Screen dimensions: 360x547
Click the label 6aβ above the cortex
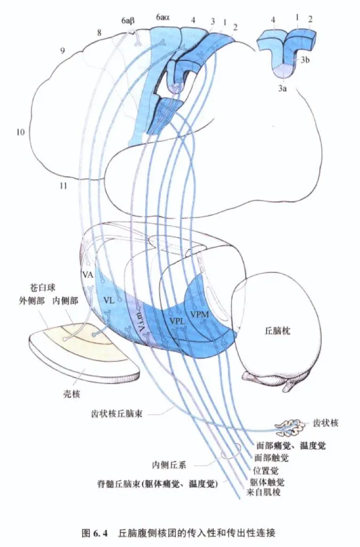(x=128, y=21)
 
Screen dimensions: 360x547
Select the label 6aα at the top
(x=163, y=18)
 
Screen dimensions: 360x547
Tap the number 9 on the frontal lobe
(x=62, y=51)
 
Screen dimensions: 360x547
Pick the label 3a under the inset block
(x=283, y=88)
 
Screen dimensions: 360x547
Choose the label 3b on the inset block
(x=305, y=60)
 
